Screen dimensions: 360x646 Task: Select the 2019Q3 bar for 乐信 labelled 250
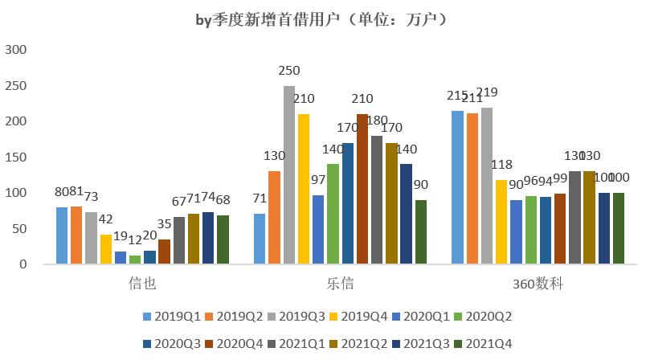pyautogui.click(x=289, y=175)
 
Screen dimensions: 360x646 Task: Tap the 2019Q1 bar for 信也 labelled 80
pyautogui.click(x=62, y=235)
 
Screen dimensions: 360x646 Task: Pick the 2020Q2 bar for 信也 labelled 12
pyautogui.click(x=135, y=260)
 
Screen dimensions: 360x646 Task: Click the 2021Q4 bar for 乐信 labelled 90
pyautogui.click(x=421, y=232)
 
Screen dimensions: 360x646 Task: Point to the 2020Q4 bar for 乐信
pyautogui.click(x=362, y=189)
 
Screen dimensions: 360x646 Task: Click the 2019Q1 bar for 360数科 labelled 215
pyautogui.click(x=458, y=187)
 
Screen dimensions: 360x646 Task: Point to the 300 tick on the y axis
pyautogui.click(x=17, y=50)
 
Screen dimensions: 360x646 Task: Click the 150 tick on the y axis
pyautogui.click(x=17, y=157)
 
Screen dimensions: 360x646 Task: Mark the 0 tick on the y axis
pyautogui.click(x=23, y=264)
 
